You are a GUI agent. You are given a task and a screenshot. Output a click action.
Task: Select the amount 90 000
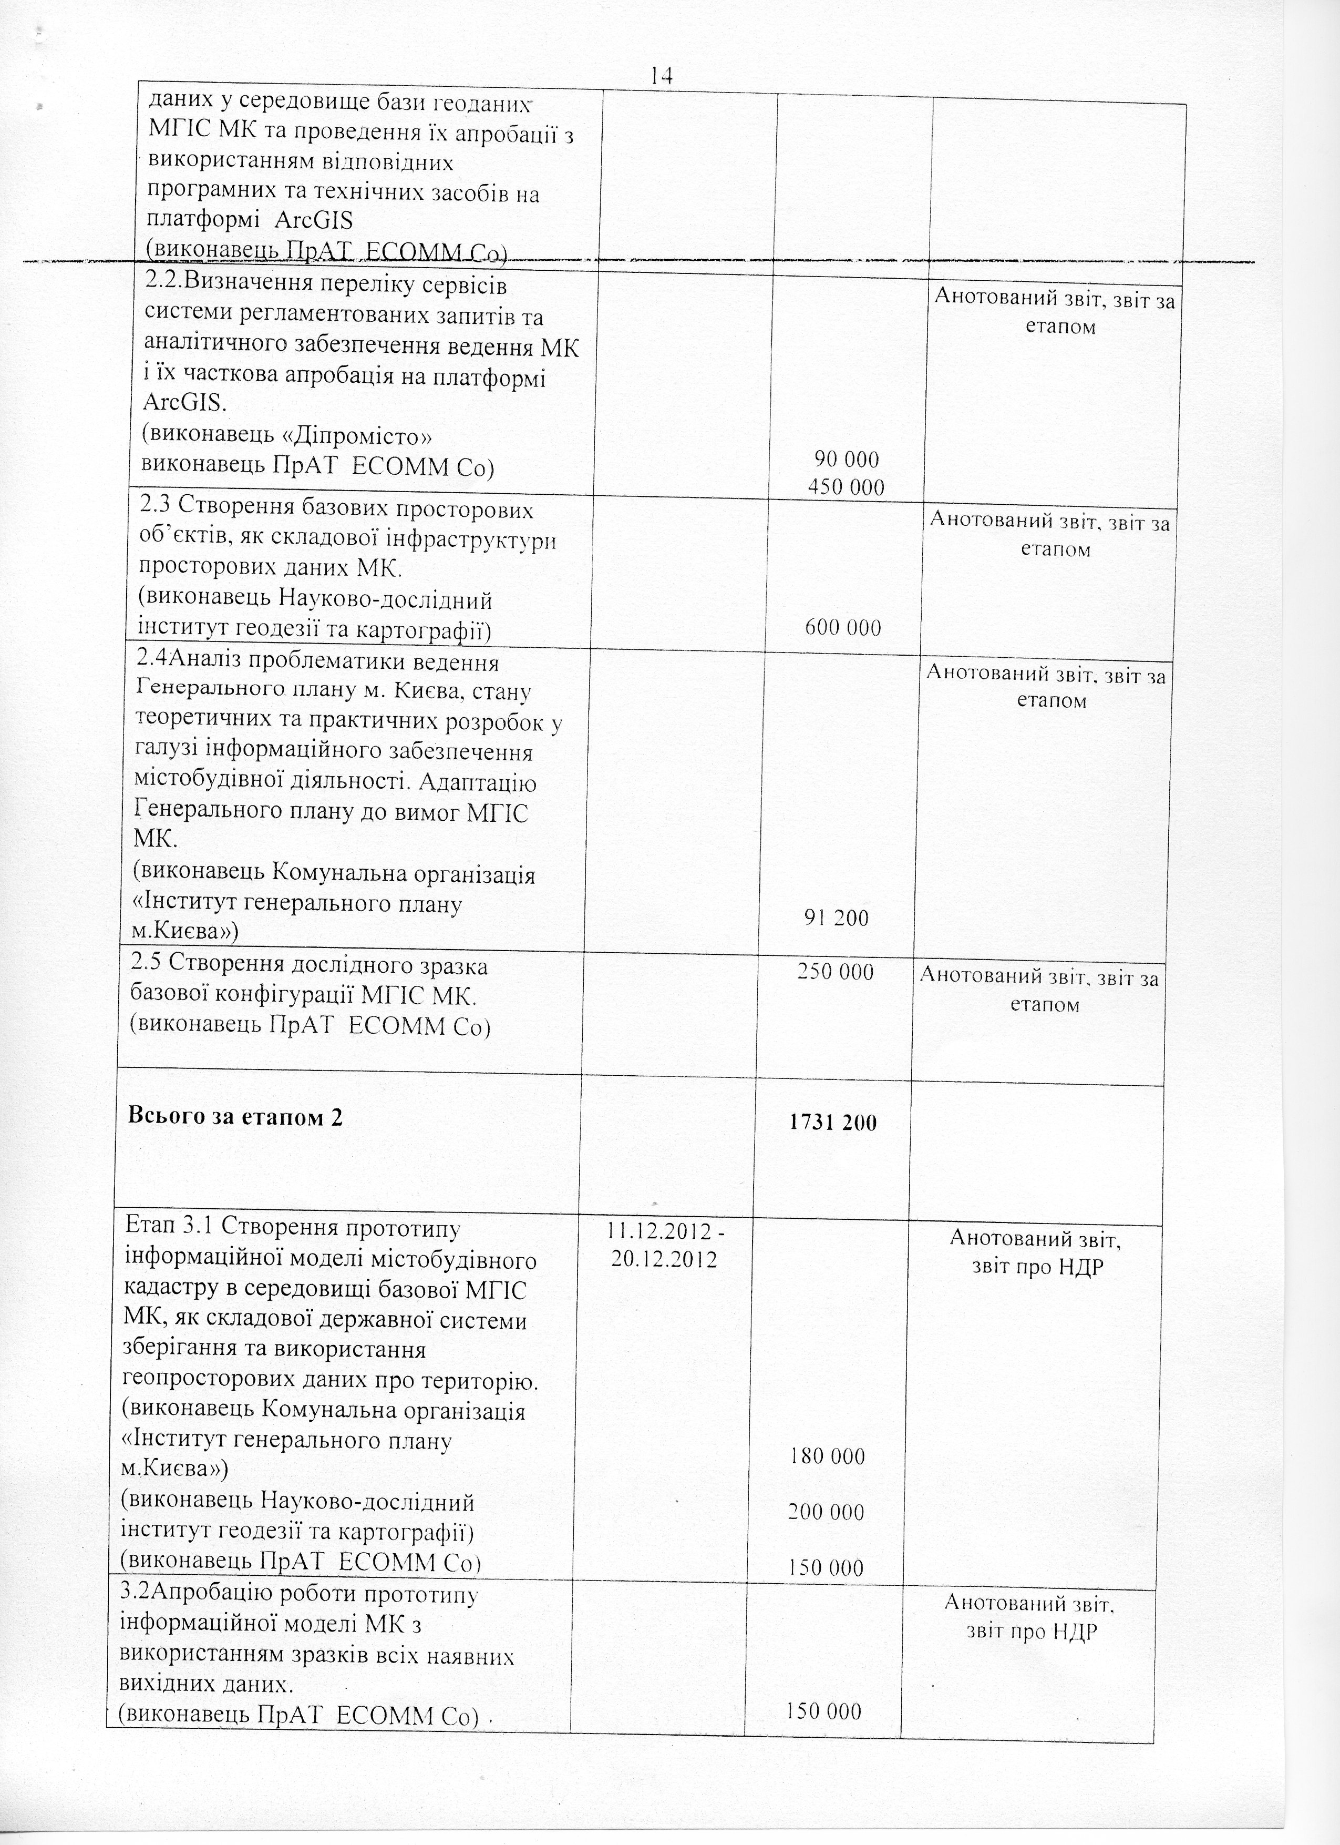[847, 460]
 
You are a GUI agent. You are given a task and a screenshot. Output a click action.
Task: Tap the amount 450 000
[846, 486]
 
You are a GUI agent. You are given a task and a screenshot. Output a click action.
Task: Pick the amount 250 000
[836, 972]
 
